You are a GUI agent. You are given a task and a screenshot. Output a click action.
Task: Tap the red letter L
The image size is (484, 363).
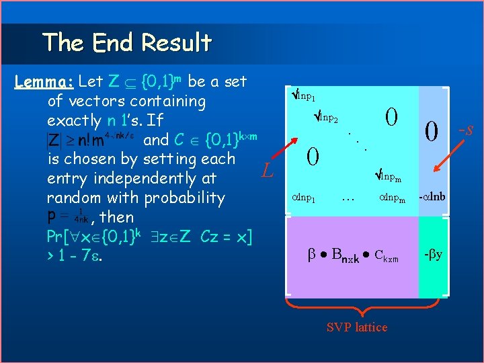(268, 172)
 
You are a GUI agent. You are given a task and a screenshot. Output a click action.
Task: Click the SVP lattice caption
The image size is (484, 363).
(356, 327)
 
